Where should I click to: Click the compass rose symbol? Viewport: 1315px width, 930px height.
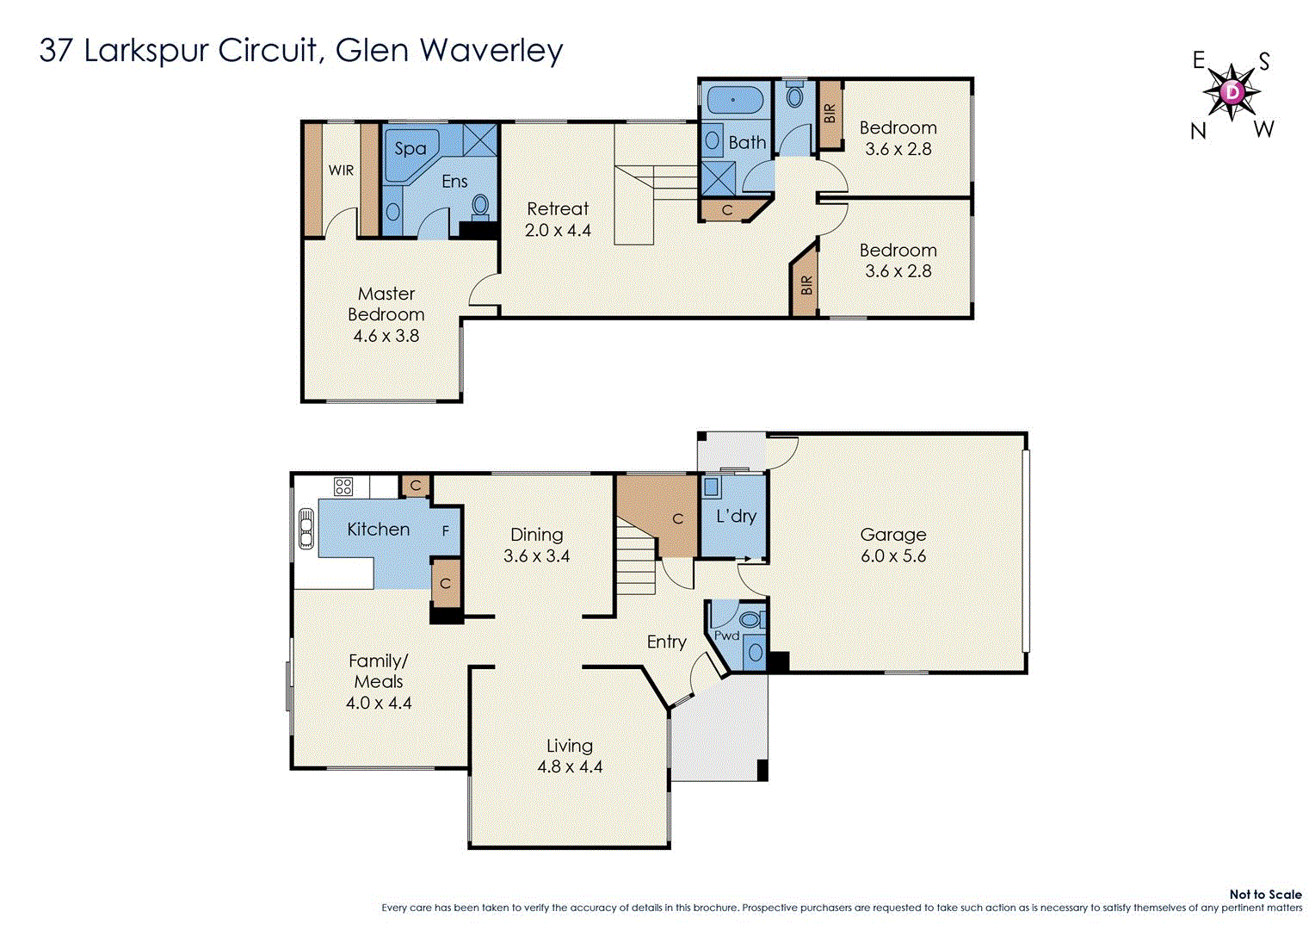[x=1232, y=92]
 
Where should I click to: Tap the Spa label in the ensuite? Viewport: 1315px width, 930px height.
[x=410, y=148]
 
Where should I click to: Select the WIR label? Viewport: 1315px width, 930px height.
[x=341, y=170]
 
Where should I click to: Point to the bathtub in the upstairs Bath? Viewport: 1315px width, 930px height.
[x=734, y=101]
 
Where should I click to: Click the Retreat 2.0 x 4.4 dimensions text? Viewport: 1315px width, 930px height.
[x=558, y=231]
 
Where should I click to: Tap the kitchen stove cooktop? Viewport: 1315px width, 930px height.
[x=343, y=487]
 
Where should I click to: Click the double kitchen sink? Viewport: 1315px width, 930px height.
[x=306, y=529]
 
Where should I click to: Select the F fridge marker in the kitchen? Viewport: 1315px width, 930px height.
[x=446, y=531]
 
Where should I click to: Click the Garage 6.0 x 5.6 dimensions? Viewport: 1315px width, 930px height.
[x=893, y=556]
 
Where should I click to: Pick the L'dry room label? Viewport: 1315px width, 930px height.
[x=736, y=516]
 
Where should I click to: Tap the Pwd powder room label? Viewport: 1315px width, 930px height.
[x=726, y=635]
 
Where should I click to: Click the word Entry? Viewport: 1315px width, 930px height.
[x=666, y=642]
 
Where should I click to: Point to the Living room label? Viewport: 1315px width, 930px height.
[x=569, y=746]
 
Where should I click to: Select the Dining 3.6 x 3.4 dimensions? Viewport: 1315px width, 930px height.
[x=536, y=556]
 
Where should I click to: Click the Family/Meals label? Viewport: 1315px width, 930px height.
[x=378, y=671]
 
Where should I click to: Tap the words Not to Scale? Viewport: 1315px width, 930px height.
[x=1265, y=895]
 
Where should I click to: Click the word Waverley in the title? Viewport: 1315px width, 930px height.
[x=491, y=50]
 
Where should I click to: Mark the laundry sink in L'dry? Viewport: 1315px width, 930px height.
[x=712, y=487]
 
